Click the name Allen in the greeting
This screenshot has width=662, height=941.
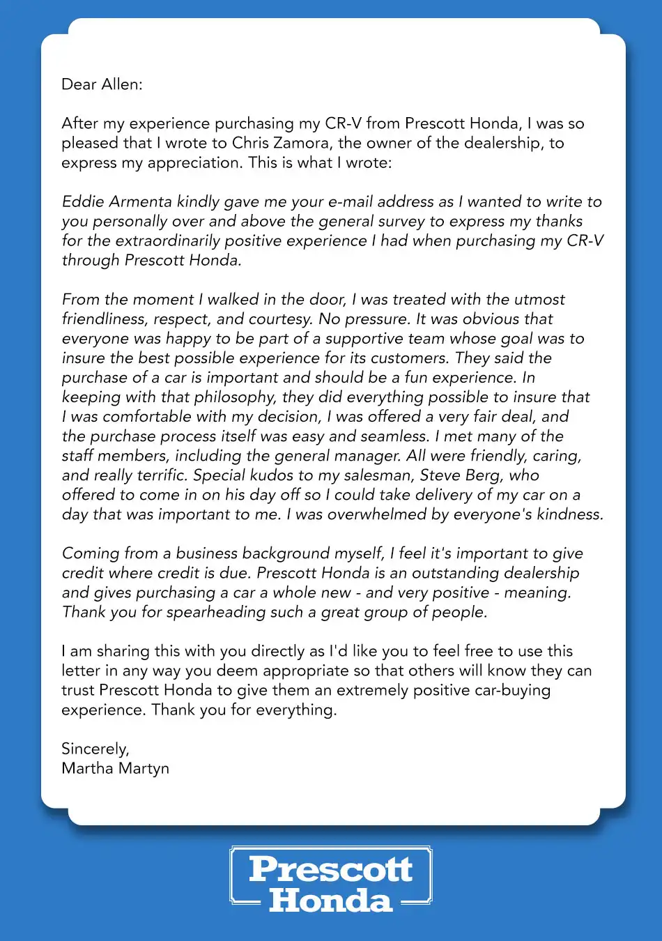pos(122,84)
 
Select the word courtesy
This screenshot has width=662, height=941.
pos(280,319)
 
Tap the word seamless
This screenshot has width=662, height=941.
pos(394,436)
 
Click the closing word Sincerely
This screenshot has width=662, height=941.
pos(95,749)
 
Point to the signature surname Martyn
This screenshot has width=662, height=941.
pos(144,768)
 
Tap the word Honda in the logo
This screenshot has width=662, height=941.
pos(331,900)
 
